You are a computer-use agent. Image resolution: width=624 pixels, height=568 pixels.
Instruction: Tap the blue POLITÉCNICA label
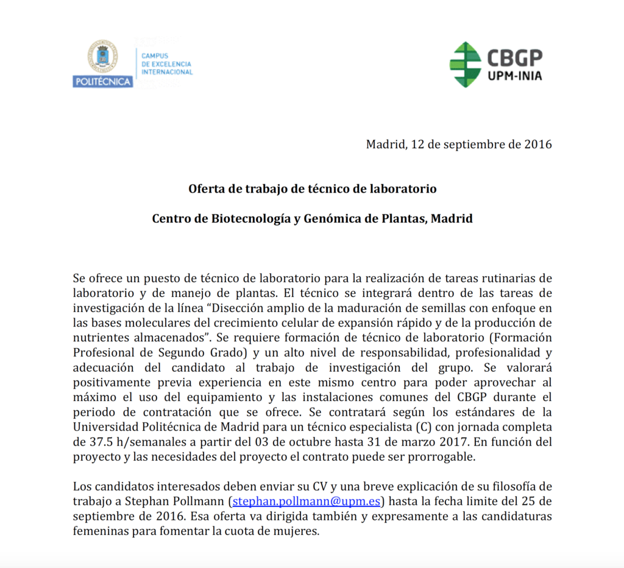click(102, 81)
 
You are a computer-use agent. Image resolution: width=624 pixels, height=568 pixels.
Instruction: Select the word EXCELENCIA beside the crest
click(166, 64)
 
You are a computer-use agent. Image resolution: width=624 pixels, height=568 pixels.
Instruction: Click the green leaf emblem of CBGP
click(465, 64)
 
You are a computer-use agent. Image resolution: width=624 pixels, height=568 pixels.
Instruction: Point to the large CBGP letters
click(514, 59)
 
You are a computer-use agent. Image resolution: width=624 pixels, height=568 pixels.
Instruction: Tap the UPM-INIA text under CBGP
click(514, 76)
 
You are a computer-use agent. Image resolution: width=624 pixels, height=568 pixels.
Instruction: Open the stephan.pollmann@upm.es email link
click(307, 502)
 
